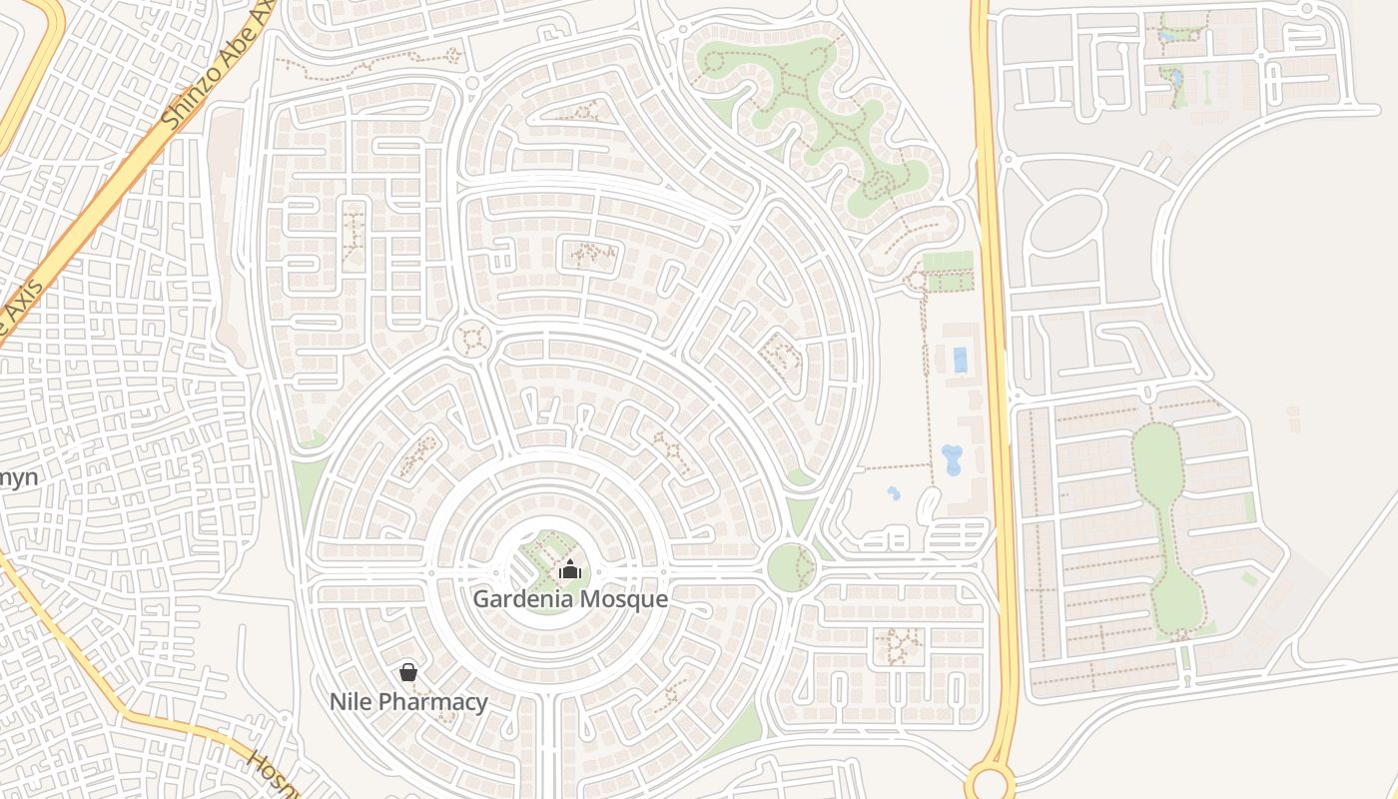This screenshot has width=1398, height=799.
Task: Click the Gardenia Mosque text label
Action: pyautogui.click(x=570, y=599)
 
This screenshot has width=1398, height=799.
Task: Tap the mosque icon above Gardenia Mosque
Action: pyautogui.click(x=570, y=570)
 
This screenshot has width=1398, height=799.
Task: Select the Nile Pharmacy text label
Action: pyautogui.click(x=408, y=702)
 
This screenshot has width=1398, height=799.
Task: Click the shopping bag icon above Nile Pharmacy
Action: pyautogui.click(x=408, y=672)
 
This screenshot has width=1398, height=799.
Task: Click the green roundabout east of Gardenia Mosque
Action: pyautogui.click(x=791, y=567)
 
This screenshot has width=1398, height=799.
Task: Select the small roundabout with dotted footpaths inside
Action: pyautogui.click(x=472, y=339)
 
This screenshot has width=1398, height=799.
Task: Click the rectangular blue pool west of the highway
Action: pyautogui.click(x=961, y=360)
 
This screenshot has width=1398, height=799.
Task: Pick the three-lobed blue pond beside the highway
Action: pyautogui.click(x=952, y=459)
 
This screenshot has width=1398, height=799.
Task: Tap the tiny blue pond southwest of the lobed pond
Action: pyautogui.click(x=893, y=492)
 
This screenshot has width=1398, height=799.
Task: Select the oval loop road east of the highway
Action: pyautogui.click(x=1066, y=223)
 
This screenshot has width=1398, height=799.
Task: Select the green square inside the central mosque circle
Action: pyautogui.click(x=547, y=559)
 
